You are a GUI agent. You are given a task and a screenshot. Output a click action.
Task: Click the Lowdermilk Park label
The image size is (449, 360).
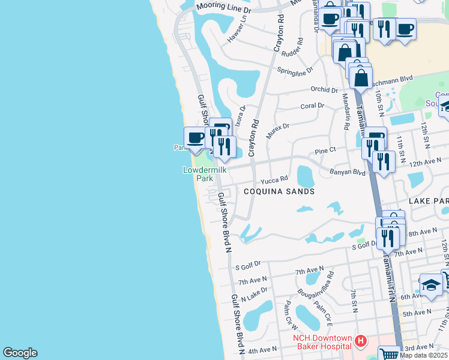(199, 174)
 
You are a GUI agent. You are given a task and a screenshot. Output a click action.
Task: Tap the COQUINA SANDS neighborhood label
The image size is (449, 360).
(279, 191)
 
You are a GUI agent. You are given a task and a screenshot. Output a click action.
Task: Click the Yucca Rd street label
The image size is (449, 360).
(274, 179)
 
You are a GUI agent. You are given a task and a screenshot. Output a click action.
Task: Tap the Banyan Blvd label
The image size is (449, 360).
(348, 172)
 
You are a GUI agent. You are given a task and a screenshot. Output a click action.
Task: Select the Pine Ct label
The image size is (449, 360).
(325, 151)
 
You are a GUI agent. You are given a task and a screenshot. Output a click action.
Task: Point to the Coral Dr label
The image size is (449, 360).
(312, 106)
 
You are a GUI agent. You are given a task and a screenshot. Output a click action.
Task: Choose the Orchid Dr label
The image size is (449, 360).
(325, 90)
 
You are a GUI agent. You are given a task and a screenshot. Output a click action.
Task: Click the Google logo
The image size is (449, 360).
(20, 353)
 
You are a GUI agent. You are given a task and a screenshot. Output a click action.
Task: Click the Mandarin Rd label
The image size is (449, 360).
(346, 112)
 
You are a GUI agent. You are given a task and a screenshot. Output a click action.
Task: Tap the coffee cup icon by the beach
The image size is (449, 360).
(194, 138)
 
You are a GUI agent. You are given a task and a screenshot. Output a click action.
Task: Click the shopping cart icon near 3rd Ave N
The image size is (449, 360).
(389, 353)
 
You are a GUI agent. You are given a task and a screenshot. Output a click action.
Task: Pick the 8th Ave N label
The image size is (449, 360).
(423, 232)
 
